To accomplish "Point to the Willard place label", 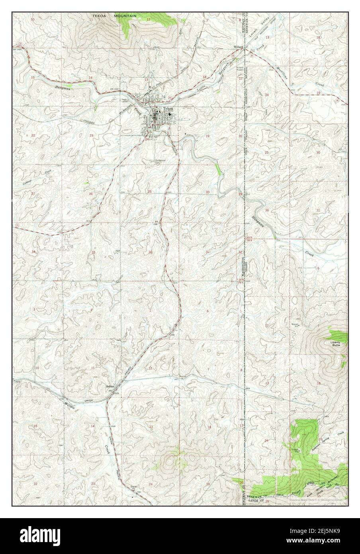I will (238, 47).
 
